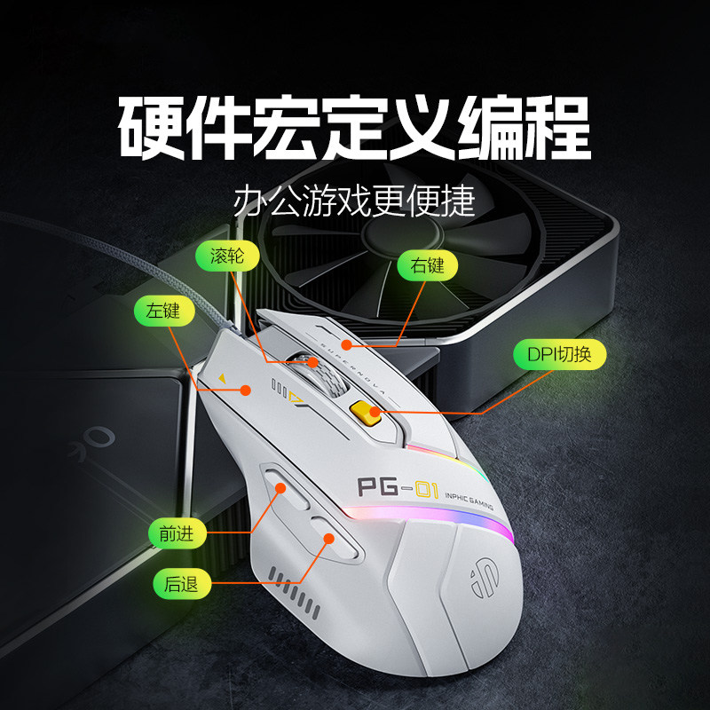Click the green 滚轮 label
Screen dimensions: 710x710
click(x=227, y=256)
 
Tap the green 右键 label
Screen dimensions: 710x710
click(x=427, y=265)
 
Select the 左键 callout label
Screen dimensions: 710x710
click(x=164, y=312)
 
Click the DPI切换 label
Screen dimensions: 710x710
click(x=559, y=354)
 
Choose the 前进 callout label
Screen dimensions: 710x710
click(x=177, y=534)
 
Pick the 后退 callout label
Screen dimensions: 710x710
click(x=182, y=584)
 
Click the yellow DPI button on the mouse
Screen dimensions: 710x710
click(x=365, y=413)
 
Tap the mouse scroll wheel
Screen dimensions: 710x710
click(x=320, y=373)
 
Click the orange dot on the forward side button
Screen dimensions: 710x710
click(x=280, y=488)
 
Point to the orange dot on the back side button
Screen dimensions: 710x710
click(x=329, y=539)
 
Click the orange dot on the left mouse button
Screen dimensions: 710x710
click(x=246, y=390)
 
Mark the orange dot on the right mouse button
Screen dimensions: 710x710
click(x=346, y=345)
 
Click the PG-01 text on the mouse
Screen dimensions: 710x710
click(x=398, y=488)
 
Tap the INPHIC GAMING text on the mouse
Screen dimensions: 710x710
click(x=469, y=500)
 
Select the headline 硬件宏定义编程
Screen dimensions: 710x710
click(x=354, y=127)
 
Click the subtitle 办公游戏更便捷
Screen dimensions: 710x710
click(x=354, y=201)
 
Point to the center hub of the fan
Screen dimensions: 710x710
click(x=401, y=234)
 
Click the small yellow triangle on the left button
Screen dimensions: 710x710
click(x=222, y=378)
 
